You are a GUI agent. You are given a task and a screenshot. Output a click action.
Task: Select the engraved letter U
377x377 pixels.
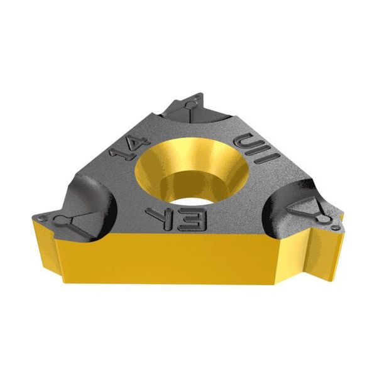(x=246, y=142)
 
